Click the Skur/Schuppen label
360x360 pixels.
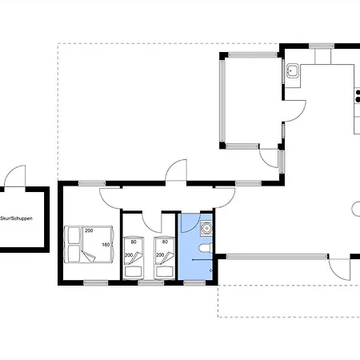[16, 218]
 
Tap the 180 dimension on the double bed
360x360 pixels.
[106, 245]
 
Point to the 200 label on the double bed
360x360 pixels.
[89, 230]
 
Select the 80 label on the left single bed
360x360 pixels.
[134, 242]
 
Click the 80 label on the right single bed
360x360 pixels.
[165, 242]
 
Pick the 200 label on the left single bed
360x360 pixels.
[129, 255]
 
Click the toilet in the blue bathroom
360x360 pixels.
[206, 248]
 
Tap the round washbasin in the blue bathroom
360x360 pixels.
[206, 229]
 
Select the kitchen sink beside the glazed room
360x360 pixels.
[293, 70]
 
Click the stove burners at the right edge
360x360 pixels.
[358, 96]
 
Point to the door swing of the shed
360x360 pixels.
[15, 176]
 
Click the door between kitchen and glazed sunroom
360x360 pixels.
[294, 111]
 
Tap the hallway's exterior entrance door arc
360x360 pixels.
[176, 170]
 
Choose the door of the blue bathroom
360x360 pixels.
[190, 222]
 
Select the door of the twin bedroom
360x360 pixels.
[152, 222]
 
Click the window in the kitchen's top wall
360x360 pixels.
[322, 46]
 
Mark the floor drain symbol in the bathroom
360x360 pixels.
[210, 270]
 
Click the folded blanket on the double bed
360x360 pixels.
[89, 256]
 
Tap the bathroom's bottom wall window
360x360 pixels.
[194, 283]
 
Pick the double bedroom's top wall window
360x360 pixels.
[92, 183]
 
